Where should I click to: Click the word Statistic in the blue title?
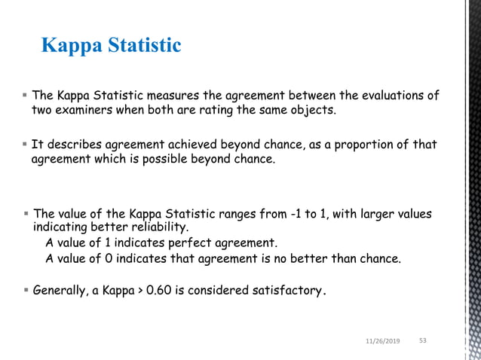click(x=143, y=46)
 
